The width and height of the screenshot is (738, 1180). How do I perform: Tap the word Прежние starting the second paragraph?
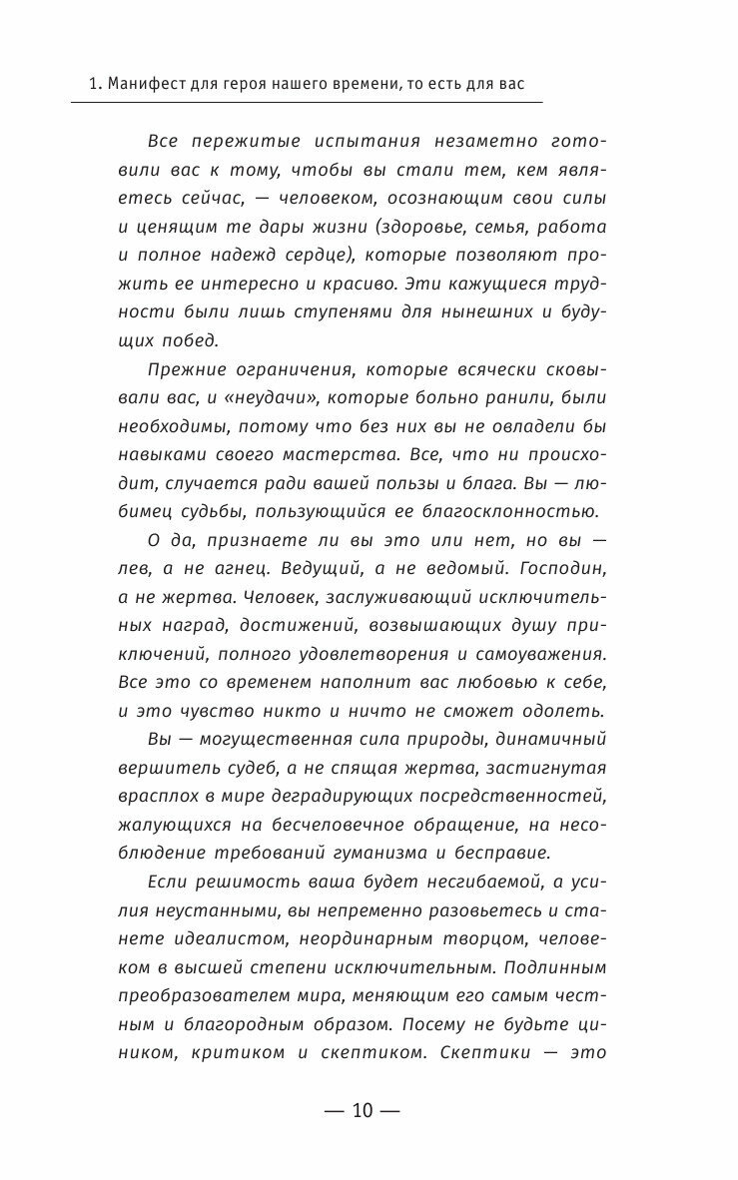tap(187, 369)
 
